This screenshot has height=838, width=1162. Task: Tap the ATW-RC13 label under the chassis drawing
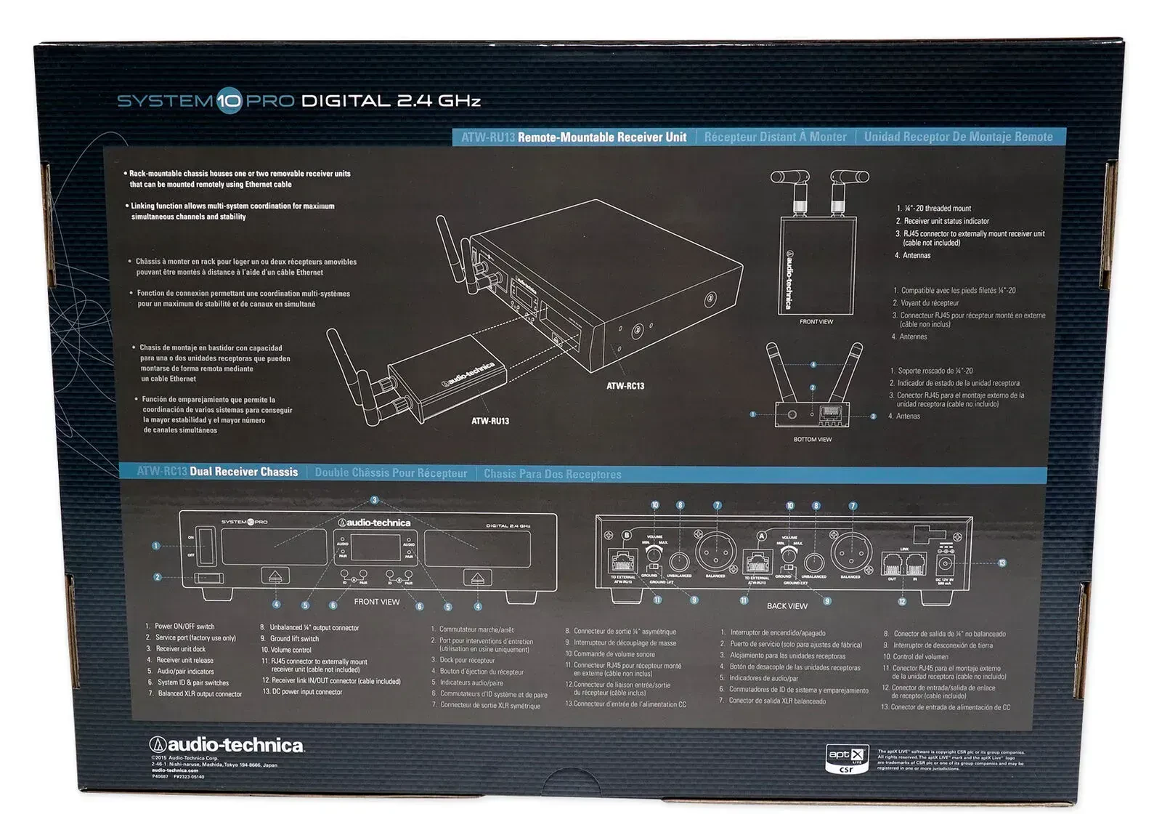click(625, 386)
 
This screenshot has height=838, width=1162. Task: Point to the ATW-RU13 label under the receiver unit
click(490, 421)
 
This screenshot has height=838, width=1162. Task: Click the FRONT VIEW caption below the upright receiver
click(816, 321)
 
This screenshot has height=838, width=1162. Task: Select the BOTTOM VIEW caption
click(813, 439)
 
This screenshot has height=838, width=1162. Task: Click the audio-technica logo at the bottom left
click(227, 745)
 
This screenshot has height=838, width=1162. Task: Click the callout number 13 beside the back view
click(1002, 563)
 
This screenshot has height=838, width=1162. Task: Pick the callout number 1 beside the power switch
click(155, 546)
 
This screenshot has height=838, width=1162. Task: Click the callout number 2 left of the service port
click(157, 578)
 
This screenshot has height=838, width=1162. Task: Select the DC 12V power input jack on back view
click(946, 564)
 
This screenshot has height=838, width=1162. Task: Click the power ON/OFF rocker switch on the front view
click(202, 545)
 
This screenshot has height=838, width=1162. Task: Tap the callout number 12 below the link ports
click(902, 602)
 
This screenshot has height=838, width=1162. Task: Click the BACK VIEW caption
click(787, 605)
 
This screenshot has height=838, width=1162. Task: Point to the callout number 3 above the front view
click(375, 500)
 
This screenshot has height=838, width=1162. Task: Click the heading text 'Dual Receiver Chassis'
click(243, 472)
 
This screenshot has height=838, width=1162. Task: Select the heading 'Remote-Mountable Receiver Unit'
click(601, 137)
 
